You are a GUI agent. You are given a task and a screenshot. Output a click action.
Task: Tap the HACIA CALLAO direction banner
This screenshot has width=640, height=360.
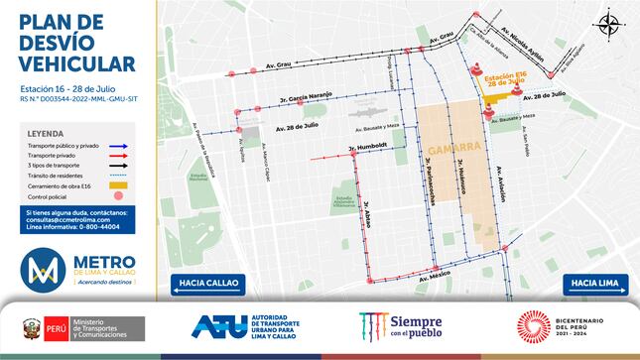point(206,285)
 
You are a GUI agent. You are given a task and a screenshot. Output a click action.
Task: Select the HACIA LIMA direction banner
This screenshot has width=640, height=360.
point(594,285)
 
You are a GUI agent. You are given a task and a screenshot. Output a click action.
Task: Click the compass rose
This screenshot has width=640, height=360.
point(606,23)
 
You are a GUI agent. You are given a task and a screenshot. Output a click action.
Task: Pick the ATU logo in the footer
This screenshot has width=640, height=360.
point(252,327)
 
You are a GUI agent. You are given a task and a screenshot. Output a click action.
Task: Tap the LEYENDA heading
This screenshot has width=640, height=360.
point(47,132)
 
